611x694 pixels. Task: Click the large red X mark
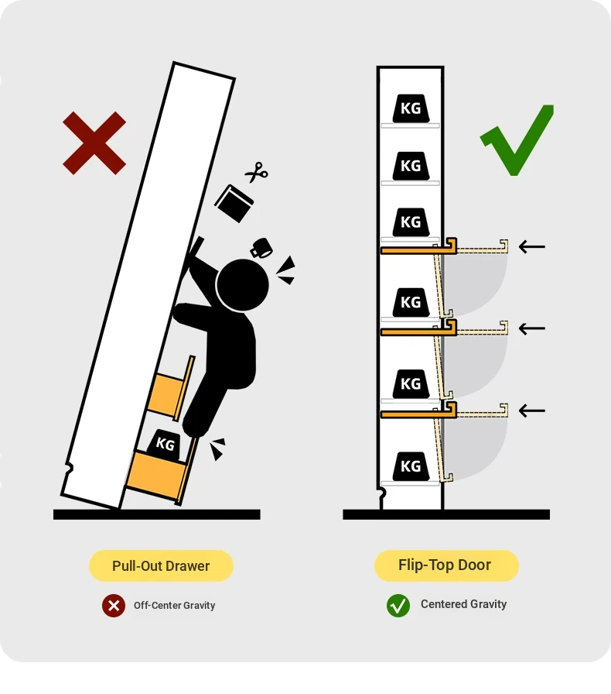[94, 143]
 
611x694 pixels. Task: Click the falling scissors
[257, 172]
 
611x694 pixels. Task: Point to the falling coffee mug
[261, 248]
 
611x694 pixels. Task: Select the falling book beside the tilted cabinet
[234, 203]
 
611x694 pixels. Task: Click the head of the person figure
[242, 284]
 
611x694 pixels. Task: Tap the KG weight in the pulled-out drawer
[164, 444]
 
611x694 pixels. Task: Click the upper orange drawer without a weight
[170, 389]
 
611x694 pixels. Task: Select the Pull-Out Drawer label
[161, 565]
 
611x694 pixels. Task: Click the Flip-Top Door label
[445, 565]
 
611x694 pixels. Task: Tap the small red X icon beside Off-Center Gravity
[114, 605]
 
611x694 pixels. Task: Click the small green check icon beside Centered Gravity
[398, 605]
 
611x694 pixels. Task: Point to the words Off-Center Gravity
[175, 605]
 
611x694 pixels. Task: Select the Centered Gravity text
[463, 604]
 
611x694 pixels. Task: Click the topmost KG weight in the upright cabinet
[411, 108]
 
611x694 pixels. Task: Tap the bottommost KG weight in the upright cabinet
[411, 466]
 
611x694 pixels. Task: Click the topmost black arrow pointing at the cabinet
[532, 246]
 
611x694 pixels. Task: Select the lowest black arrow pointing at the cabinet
[532, 411]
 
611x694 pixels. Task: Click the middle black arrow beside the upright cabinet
[532, 328]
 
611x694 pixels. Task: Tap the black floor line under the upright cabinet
[446, 514]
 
